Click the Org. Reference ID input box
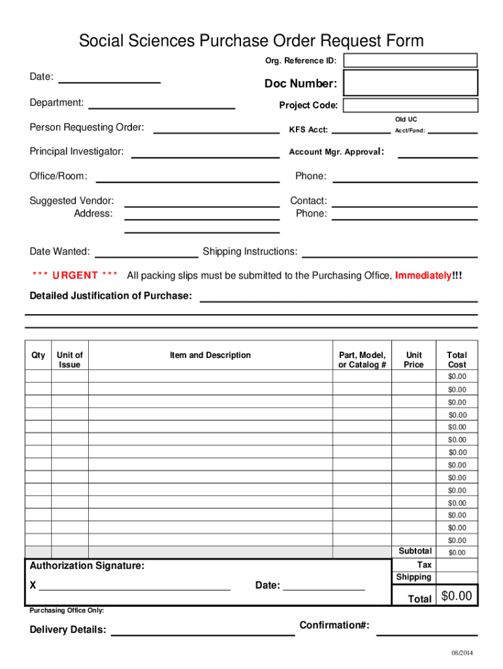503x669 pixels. [x=410, y=61]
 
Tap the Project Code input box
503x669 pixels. [x=410, y=106]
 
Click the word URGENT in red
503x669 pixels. [x=75, y=276]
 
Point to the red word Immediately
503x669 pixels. [x=423, y=276]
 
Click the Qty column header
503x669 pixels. [x=39, y=355]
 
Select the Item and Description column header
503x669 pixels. [x=210, y=355]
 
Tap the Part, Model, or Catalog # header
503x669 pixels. [x=362, y=360]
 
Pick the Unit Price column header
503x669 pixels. [x=414, y=360]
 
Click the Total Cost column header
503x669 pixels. [x=457, y=360]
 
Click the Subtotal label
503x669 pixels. [x=415, y=551]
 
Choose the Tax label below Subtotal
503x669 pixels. [x=424, y=564]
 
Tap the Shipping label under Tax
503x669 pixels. [x=414, y=577]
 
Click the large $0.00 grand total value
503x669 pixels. [x=457, y=596]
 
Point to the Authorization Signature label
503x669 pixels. [x=88, y=566]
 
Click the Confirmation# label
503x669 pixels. [x=334, y=626]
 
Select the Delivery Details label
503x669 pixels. [x=68, y=630]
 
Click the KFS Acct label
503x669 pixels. [x=308, y=130]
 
